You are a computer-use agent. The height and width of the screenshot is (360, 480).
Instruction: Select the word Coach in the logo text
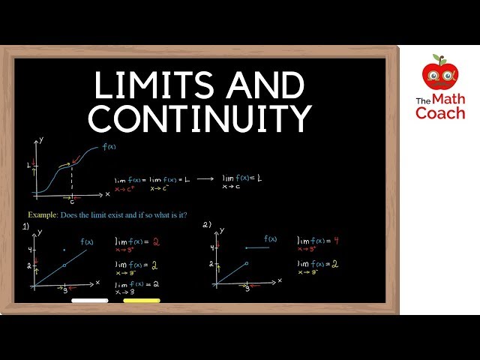coord(440,112)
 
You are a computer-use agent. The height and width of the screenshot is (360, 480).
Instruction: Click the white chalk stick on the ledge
coord(89,300)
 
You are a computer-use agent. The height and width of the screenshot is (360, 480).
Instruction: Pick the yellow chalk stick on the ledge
coord(141,300)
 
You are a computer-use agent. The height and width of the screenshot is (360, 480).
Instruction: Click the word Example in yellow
coord(43,214)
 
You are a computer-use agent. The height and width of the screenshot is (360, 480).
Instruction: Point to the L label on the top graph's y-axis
coord(28,164)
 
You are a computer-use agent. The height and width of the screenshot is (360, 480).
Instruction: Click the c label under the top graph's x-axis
coord(72,201)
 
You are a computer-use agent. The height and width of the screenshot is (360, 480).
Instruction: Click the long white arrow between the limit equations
coord(205,178)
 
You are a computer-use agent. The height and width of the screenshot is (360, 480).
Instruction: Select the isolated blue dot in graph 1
coord(64,250)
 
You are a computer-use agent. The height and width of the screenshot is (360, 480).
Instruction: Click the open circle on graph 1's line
coord(64,265)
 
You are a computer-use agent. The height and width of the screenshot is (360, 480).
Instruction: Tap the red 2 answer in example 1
coord(156,242)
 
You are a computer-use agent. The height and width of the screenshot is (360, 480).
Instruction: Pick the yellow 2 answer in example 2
coord(334,264)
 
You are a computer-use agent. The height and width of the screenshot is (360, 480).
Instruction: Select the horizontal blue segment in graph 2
coord(259,247)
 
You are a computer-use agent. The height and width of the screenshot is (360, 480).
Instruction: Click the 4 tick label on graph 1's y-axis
coord(29,250)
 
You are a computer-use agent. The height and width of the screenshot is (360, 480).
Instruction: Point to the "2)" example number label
coord(206,224)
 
